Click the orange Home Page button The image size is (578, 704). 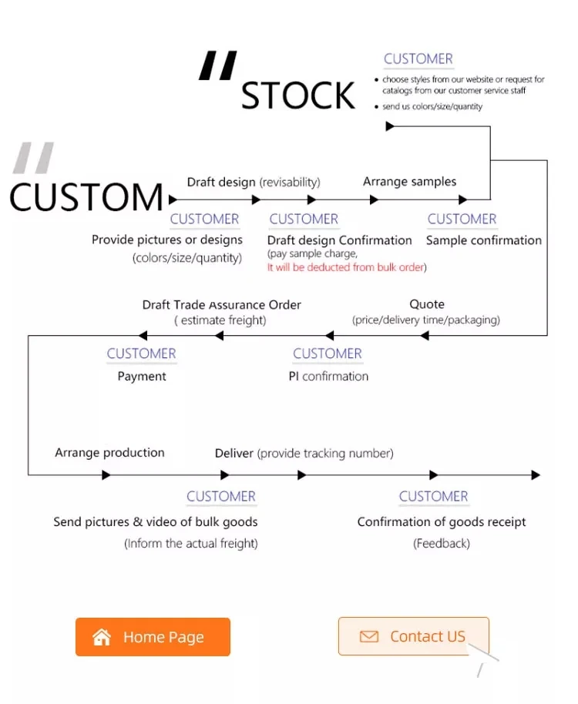(153, 637)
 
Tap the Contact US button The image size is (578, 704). (413, 636)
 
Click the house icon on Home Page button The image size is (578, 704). (102, 637)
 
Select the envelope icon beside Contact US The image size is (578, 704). (369, 637)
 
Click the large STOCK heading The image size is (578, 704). (298, 96)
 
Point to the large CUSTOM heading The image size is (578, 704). (86, 197)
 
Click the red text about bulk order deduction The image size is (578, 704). (347, 267)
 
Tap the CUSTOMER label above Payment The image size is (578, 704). (141, 354)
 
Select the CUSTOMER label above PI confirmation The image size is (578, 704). (327, 354)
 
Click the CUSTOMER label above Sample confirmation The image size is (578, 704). (462, 219)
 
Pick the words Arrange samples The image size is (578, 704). (409, 182)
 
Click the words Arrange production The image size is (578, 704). (109, 452)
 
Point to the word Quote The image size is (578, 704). (426, 304)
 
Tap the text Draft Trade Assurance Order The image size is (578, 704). (221, 305)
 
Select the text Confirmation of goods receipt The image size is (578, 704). (441, 521)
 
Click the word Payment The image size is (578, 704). (142, 377)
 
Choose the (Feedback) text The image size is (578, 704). (441, 543)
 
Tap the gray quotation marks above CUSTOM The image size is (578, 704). (34, 158)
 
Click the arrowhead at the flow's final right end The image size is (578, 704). (536, 475)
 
